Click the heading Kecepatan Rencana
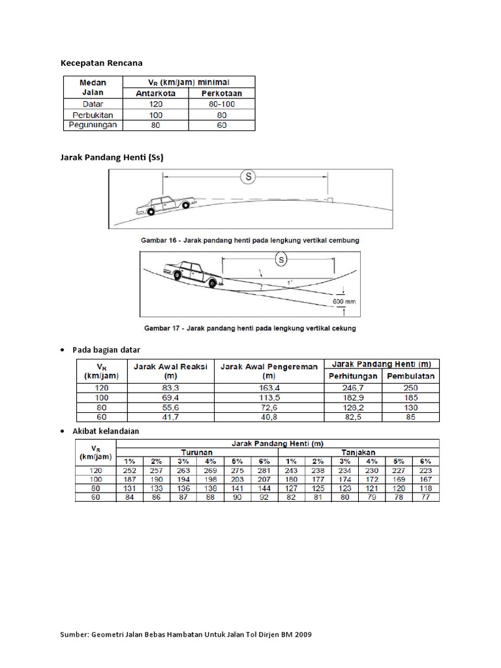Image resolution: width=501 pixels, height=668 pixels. click(x=101, y=63)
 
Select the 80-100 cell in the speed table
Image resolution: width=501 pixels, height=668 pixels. click(x=222, y=103)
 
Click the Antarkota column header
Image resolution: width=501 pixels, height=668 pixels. click(x=157, y=93)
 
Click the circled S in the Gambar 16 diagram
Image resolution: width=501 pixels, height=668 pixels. click(x=247, y=176)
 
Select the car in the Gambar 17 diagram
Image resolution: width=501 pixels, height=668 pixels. click(x=192, y=273)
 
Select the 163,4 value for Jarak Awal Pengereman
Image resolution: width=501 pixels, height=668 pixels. click(x=268, y=387)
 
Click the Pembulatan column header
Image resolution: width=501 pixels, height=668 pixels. click(x=410, y=376)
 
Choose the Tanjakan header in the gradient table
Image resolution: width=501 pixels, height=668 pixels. click(x=357, y=451)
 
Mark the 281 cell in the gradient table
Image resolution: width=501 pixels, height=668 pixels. click(x=264, y=470)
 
